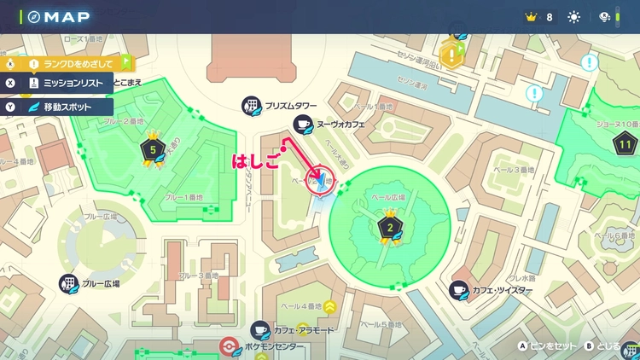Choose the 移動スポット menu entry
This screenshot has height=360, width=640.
[67, 107]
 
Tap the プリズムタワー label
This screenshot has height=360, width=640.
[289, 105]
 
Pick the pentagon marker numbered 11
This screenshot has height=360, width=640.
[625, 145]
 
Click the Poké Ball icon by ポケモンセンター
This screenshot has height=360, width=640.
[228, 346]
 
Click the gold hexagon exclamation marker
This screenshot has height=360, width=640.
[451, 55]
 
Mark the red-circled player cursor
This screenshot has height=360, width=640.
[321, 181]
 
